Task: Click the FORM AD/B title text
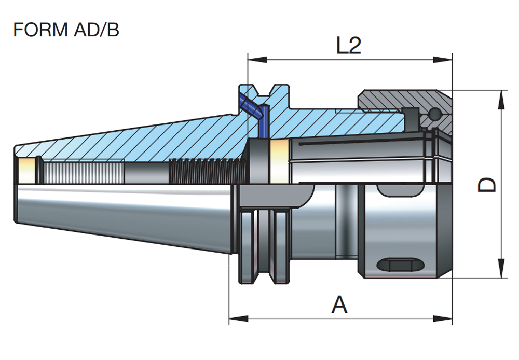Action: [66, 30]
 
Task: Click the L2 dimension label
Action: [348, 47]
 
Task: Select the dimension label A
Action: [339, 305]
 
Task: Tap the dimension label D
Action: [486, 185]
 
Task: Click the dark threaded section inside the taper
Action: [206, 171]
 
